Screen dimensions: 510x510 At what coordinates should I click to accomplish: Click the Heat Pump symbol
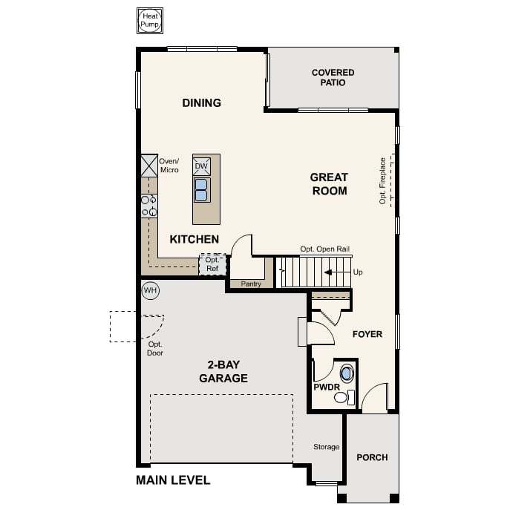pos(150,21)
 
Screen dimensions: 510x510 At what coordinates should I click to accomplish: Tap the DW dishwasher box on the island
pos(201,166)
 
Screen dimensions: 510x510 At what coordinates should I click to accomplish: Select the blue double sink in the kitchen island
pos(202,190)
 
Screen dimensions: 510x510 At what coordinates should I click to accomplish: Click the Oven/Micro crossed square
pos(149,166)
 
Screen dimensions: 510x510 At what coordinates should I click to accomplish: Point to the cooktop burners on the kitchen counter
pos(149,206)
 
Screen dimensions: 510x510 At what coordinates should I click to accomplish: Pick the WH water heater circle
pos(151,290)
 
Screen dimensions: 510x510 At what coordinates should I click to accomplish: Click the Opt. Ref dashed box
pos(212,264)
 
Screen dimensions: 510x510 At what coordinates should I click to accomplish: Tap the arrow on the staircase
pos(329,272)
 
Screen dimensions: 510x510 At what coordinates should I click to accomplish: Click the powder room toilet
pos(344,397)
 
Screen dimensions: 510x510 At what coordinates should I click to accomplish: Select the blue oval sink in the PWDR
pos(347,373)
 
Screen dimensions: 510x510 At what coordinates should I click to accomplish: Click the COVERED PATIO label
pos(333,77)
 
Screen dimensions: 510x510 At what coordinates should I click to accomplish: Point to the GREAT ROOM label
pos(329,184)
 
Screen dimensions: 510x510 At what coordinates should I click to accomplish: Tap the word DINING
pos(202,102)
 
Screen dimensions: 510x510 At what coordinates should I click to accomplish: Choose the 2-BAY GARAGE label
pos(223,371)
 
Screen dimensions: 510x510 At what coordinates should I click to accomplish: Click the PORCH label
pos(372,457)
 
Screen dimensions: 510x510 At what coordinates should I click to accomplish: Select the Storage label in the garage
pos(326,447)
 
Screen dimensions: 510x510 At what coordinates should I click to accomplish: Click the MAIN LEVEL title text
pos(173,480)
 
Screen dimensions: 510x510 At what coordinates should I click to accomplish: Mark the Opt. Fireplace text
pos(382,181)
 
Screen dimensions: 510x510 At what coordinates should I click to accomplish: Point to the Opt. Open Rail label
pos(324,249)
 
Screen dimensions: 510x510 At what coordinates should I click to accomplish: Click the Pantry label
pos(251,284)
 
